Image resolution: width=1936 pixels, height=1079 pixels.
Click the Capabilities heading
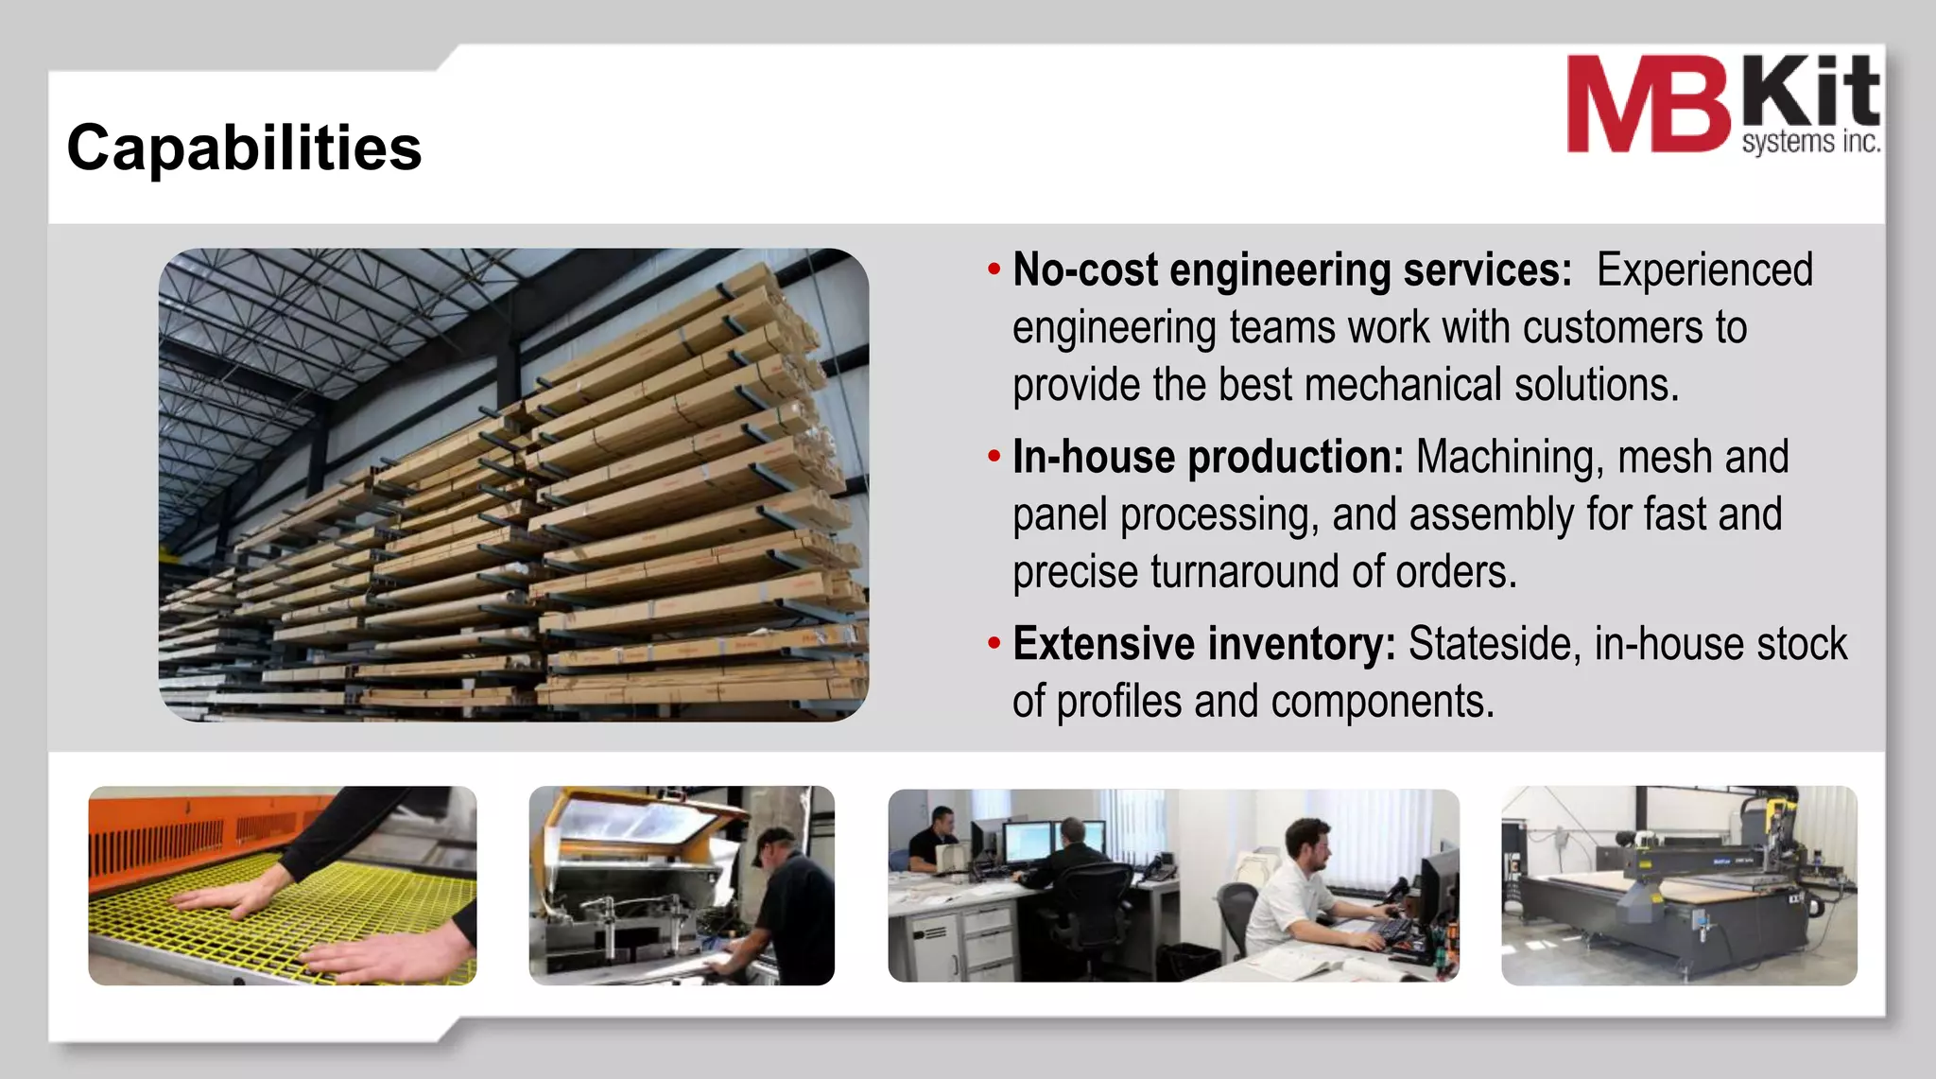click(244, 148)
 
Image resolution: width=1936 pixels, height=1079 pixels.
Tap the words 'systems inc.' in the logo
click(1810, 143)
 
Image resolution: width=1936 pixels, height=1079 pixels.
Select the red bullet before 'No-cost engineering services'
click(994, 270)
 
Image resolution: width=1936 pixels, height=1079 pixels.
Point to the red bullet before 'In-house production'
click(994, 458)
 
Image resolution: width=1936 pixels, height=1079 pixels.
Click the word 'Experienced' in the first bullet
click(1704, 270)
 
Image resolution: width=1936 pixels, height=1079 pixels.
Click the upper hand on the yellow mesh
click(227, 894)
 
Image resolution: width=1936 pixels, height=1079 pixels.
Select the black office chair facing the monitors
click(1097, 908)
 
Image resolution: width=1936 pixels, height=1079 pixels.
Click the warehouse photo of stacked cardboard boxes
click(513, 484)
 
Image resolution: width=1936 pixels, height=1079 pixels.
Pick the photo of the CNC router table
click(1679, 885)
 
